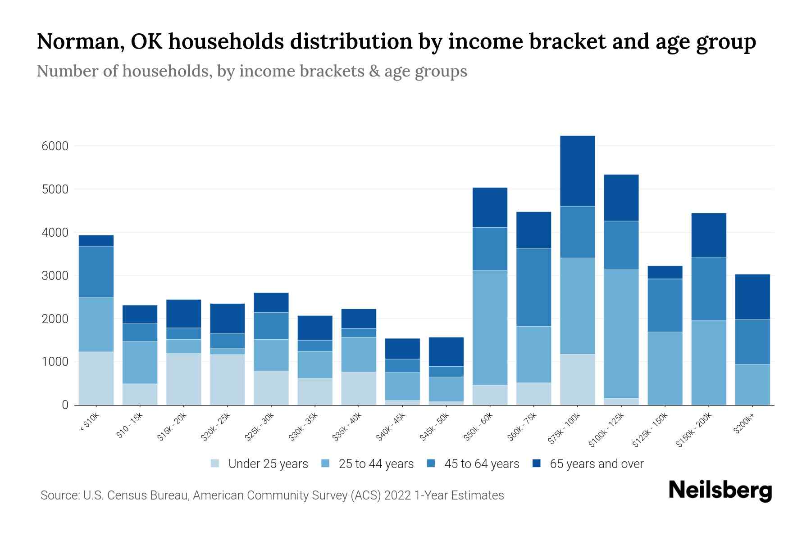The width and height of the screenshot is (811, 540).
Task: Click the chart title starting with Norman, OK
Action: [396, 41]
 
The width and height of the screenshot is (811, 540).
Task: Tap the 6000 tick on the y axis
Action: [55, 146]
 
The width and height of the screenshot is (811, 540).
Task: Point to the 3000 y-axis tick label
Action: [55, 276]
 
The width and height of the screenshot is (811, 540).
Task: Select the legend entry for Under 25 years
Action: [260, 464]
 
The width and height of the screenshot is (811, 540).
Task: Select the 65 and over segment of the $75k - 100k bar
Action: [577, 171]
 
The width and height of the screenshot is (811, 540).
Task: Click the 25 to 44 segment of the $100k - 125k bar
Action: [621, 334]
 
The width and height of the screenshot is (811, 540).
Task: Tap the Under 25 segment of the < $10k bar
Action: [96, 378]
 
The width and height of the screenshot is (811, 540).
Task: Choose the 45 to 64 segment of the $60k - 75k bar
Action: [533, 287]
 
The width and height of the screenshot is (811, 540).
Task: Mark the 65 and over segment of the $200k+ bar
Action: [752, 297]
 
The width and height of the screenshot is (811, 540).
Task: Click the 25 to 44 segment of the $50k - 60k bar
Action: [490, 328]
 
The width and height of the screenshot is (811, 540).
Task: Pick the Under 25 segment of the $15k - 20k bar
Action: [183, 379]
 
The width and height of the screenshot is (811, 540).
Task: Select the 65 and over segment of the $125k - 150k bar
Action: [665, 272]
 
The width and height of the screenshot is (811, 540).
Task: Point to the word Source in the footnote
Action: [59, 495]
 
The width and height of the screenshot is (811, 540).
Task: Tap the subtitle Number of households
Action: [251, 71]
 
